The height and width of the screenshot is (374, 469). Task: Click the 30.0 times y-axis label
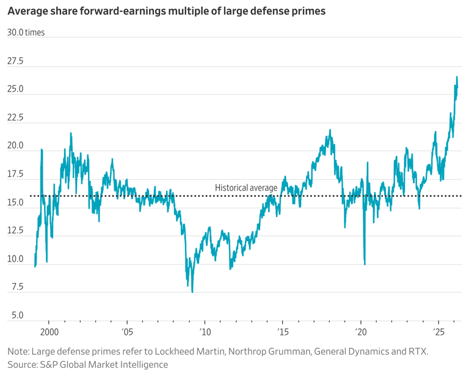[26, 32]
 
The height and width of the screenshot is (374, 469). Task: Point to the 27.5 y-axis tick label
[15, 61]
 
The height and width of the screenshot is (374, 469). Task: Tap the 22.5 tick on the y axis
[15, 118]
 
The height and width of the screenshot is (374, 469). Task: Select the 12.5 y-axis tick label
[15, 230]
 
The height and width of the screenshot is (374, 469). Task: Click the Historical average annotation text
[246, 188]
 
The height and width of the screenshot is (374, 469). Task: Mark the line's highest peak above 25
[457, 77]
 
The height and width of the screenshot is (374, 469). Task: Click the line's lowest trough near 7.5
[192, 291]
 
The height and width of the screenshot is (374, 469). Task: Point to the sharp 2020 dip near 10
[365, 264]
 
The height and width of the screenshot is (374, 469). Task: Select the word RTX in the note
[418, 351]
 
